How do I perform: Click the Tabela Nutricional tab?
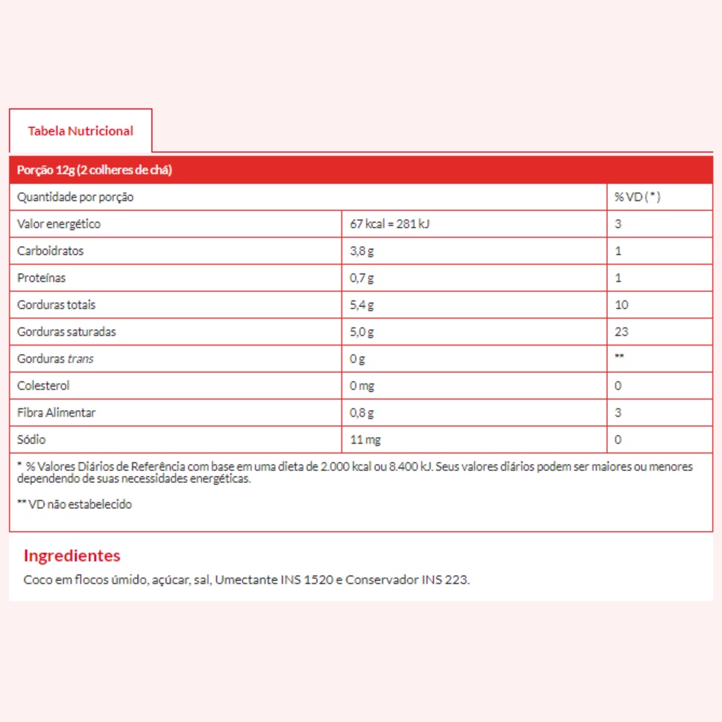(80, 130)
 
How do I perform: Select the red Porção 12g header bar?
(360, 171)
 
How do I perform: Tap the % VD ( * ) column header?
(637, 197)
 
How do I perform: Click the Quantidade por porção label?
(75, 197)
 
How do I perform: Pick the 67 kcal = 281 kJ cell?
(390, 224)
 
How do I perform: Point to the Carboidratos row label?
(51, 251)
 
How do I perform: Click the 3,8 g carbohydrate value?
(362, 251)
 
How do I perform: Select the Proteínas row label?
(42, 278)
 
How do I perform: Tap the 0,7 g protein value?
(362, 278)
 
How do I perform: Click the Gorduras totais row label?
(56, 305)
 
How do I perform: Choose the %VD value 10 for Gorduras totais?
(621, 305)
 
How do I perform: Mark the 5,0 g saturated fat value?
(362, 331)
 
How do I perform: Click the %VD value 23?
(621, 331)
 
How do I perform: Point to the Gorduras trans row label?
(56, 359)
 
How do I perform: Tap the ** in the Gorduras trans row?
(619, 357)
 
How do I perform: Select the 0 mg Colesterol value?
(362, 386)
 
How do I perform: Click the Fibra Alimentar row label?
(56, 412)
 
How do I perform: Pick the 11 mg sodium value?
(365, 440)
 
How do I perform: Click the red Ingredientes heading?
(72, 556)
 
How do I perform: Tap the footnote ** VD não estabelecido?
(75, 504)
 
